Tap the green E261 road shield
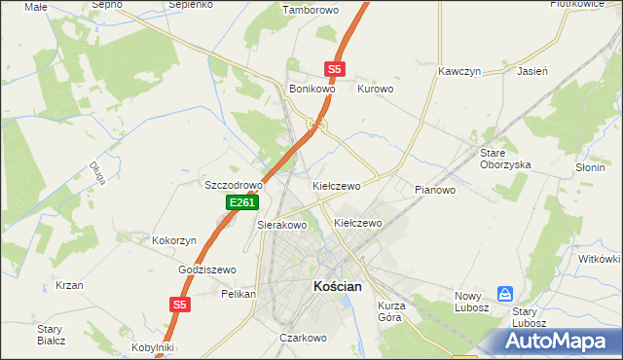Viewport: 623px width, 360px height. coord(242,202)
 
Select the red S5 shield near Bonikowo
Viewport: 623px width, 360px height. coord(335,69)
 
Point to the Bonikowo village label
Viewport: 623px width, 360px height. coord(312,89)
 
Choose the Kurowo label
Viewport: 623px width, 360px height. coord(375,89)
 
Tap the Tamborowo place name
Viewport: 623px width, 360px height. coord(309,11)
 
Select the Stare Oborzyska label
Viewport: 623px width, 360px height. coord(505,159)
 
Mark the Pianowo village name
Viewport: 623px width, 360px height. coord(435,190)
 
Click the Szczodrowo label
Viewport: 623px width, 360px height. coord(234,185)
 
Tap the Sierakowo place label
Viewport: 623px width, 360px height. coord(281,225)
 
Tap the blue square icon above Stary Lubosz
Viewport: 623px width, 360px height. coord(505,293)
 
